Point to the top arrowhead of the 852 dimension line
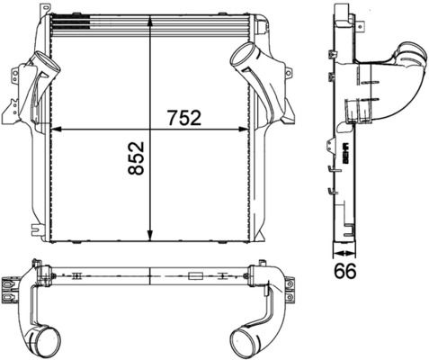tap(149, 36)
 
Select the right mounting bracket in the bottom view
tap(290, 285)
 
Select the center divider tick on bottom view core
tap(149, 275)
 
